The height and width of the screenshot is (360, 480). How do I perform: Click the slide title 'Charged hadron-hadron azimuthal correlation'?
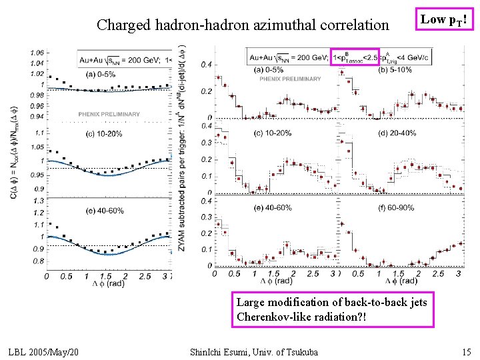242,25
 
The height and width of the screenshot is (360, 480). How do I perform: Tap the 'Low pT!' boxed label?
443,21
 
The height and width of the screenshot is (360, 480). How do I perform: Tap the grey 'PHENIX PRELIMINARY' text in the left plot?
109,115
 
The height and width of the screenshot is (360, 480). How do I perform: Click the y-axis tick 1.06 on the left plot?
37,53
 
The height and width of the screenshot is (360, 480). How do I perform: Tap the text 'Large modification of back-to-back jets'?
331,302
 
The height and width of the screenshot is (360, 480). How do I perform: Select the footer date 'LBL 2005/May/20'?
45,351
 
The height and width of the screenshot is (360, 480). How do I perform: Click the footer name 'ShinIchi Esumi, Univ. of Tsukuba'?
253,351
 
